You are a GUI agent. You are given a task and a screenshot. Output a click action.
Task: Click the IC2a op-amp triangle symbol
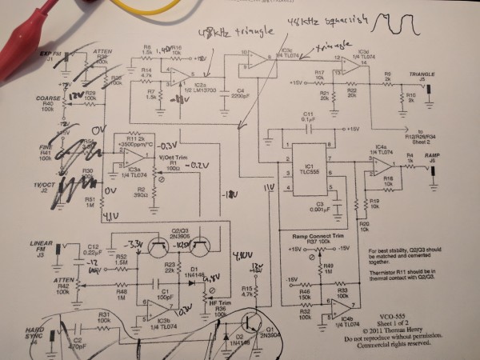click(180, 78)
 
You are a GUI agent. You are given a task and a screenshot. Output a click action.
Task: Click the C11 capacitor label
click(308, 115)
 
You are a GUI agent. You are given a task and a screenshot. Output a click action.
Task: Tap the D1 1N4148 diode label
click(198, 272)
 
